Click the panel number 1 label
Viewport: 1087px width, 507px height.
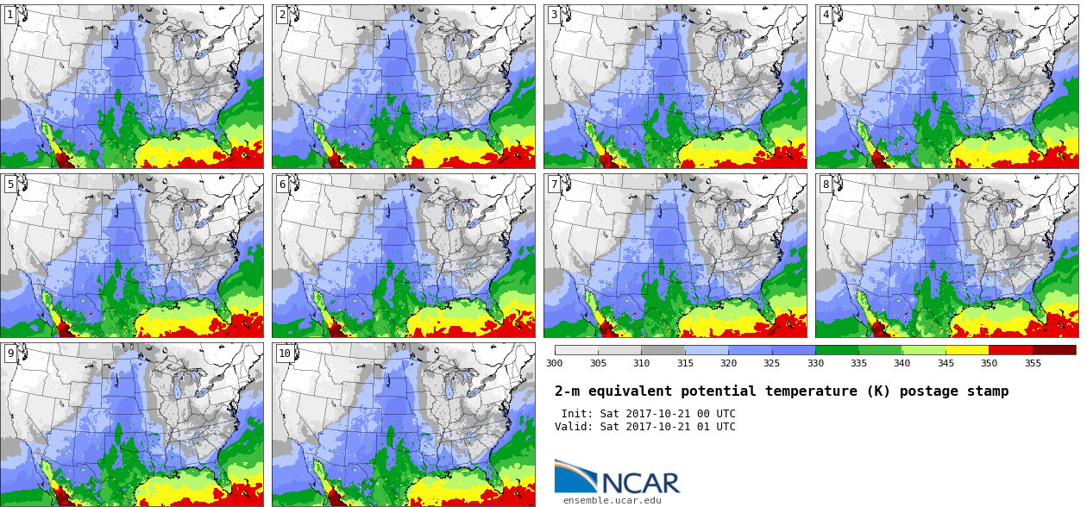click(x=10, y=15)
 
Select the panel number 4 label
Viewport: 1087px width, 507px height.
click(x=826, y=15)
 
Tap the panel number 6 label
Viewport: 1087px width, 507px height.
click(x=282, y=185)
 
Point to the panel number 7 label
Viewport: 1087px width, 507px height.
click(x=554, y=185)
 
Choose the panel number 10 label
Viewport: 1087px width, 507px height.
click(x=285, y=354)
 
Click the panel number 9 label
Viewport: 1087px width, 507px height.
click(x=10, y=354)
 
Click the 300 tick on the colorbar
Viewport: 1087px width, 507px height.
click(x=554, y=363)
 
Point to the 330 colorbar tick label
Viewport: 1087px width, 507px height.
click(x=815, y=363)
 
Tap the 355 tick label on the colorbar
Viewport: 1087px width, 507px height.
click(x=1033, y=363)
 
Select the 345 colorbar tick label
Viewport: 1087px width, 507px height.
click(x=946, y=363)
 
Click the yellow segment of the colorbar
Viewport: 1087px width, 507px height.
click(x=967, y=350)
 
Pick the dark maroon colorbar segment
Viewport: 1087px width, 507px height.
click(x=1054, y=350)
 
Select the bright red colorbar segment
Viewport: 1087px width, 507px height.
click(x=1011, y=350)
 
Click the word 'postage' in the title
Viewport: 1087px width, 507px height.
click(x=929, y=391)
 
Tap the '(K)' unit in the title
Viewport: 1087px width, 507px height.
click(x=879, y=391)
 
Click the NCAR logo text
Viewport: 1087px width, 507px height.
click(x=641, y=483)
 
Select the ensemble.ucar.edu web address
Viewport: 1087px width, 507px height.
click(x=613, y=500)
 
